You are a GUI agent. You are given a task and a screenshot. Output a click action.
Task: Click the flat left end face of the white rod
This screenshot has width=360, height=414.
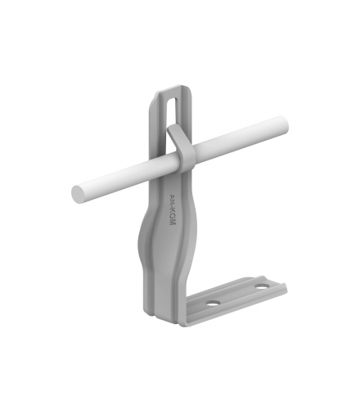tap(79, 195)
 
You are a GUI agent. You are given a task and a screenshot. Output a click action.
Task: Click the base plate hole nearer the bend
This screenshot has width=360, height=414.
tap(213, 303)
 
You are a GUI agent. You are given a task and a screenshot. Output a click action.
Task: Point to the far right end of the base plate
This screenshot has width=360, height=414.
tap(286, 285)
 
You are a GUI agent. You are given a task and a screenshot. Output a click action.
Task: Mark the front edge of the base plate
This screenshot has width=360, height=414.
tap(237, 309)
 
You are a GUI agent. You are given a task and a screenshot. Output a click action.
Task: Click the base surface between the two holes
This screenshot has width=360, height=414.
tap(236, 295)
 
